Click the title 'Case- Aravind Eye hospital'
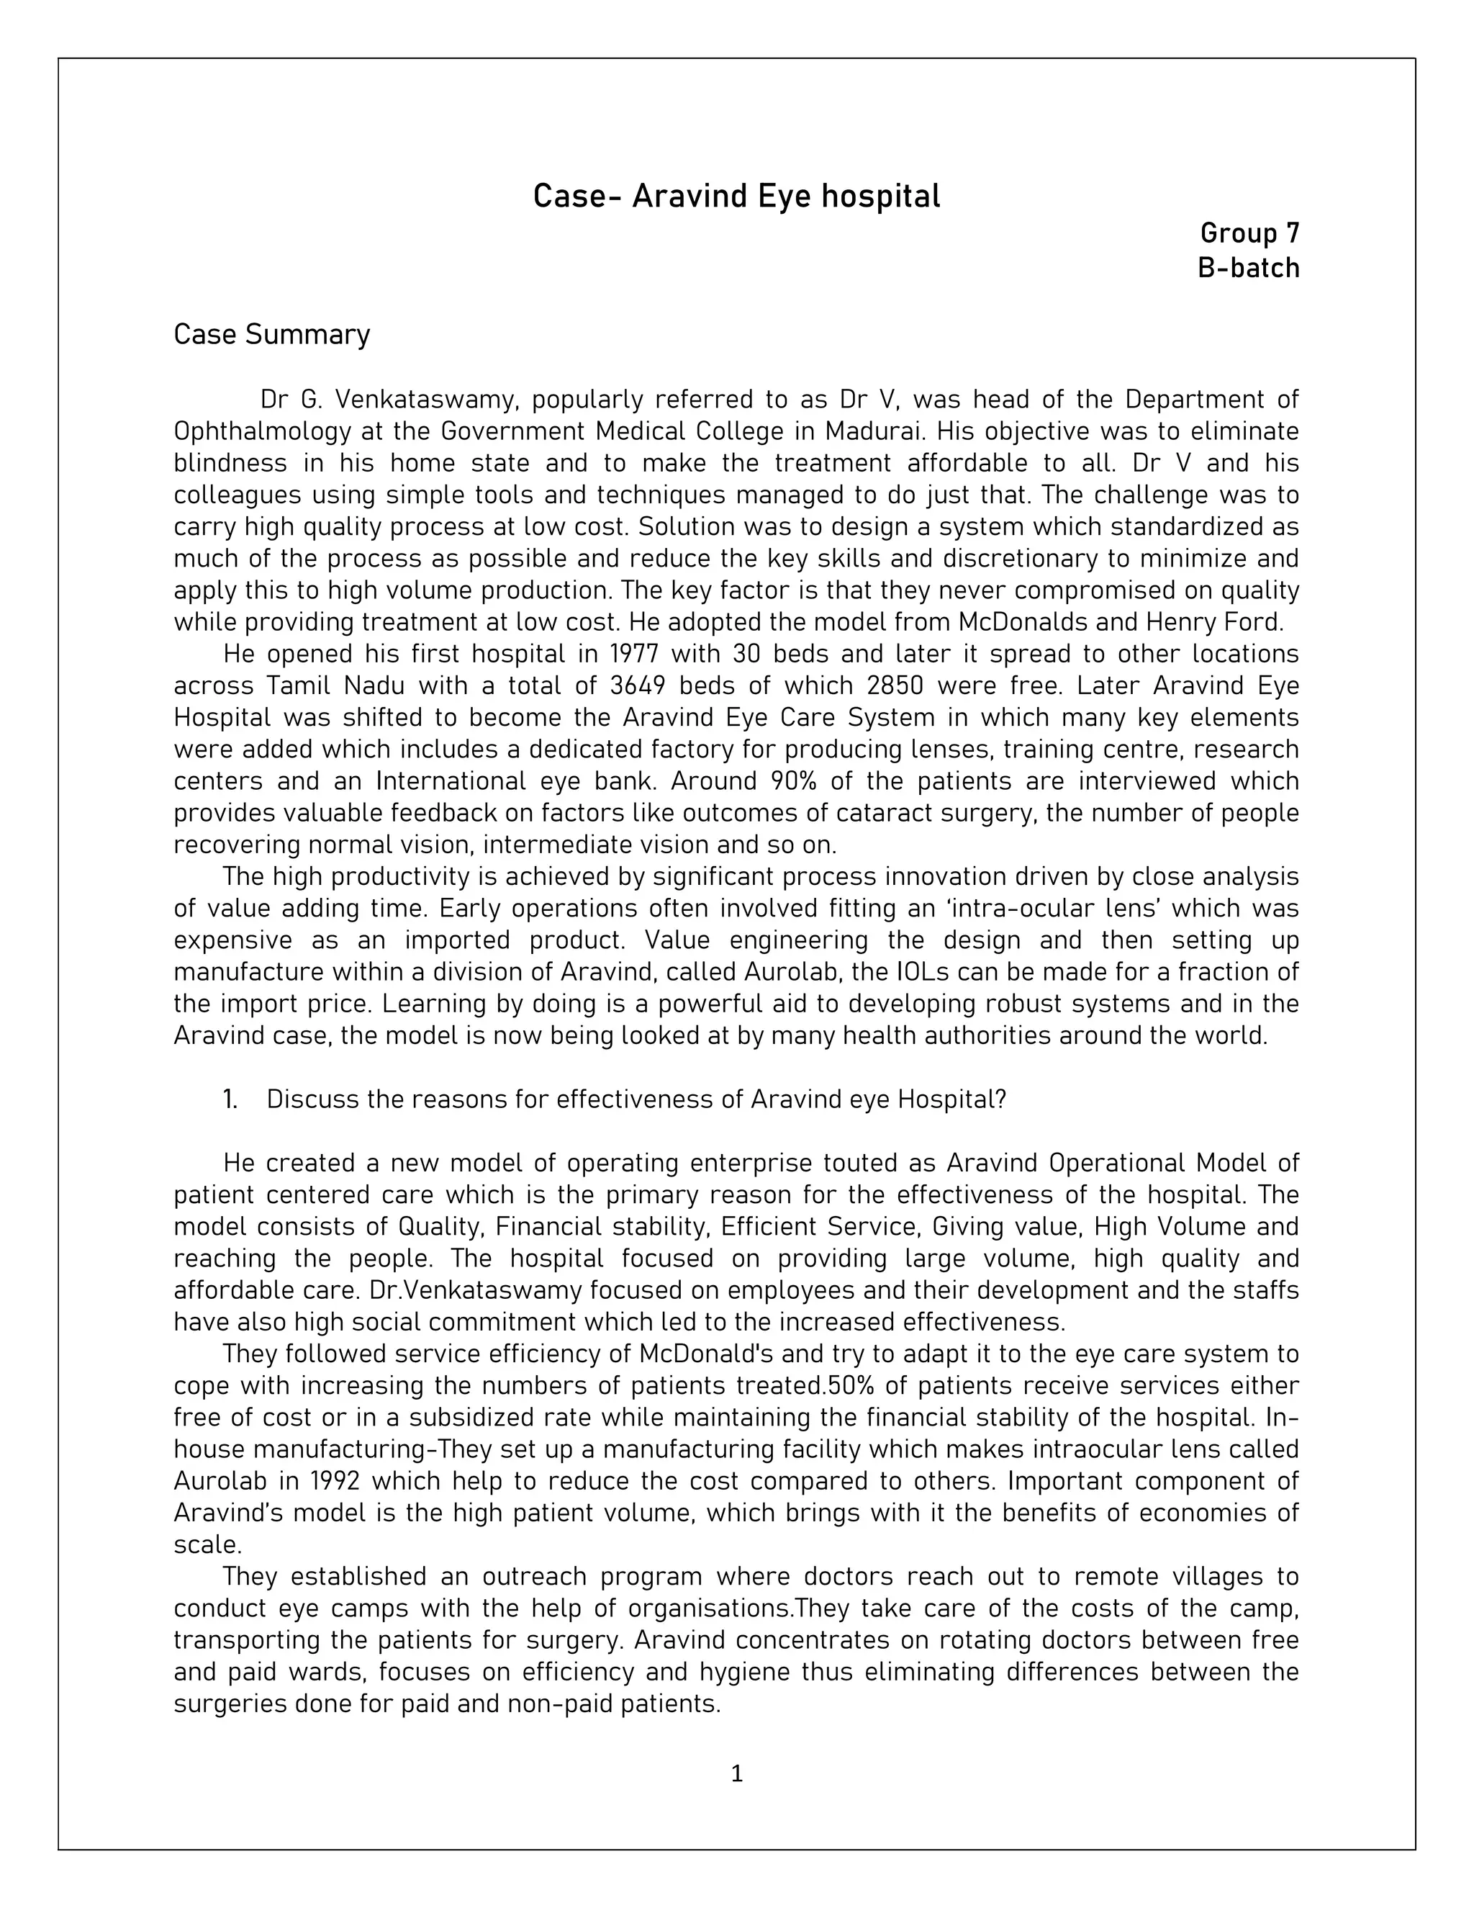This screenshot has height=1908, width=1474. [736, 197]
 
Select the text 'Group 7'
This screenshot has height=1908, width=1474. [1249, 233]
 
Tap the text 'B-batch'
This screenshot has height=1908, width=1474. [1248, 269]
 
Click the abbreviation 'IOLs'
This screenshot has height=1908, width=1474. [926, 971]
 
